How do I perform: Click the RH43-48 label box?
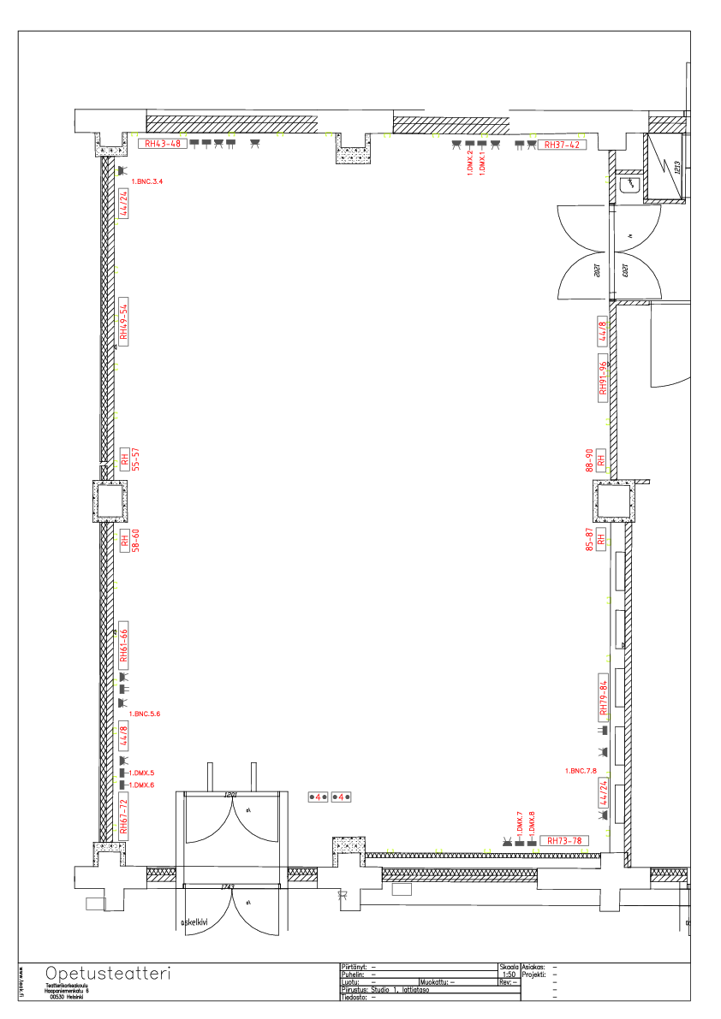point(163,144)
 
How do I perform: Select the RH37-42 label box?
point(562,145)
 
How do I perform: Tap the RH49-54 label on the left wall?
point(123,323)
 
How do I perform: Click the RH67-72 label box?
point(123,815)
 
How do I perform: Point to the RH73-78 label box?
point(564,840)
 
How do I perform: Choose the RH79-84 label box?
point(603,696)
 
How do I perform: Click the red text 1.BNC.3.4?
point(146,181)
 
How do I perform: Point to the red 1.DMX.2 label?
point(470,162)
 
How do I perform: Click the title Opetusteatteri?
point(108,974)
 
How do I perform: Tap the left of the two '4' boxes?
point(318,797)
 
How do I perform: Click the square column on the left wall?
point(110,501)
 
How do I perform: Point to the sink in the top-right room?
point(630,184)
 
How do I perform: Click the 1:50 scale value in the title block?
point(509,974)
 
